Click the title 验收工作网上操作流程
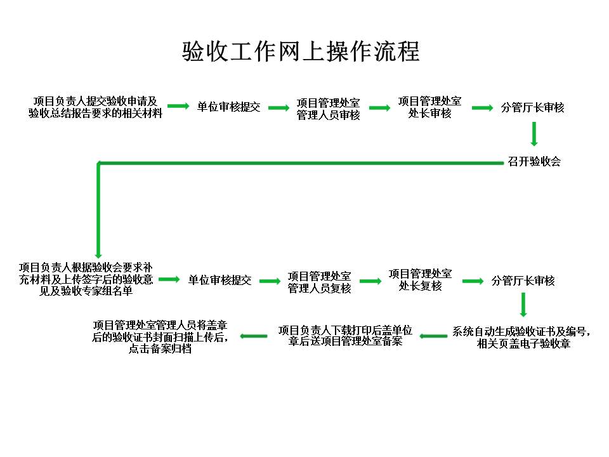[x=301, y=51]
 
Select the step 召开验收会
[x=534, y=161]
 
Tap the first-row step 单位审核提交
[x=228, y=107]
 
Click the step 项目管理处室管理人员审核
[x=328, y=109]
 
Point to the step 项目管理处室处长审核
[x=429, y=107]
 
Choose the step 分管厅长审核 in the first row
[x=532, y=107]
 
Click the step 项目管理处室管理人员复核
[x=319, y=282]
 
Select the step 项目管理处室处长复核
[x=420, y=280]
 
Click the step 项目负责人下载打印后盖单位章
[x=345, y=336]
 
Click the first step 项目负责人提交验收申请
[x=95, y=107]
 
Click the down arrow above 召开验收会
[x=534, y=134]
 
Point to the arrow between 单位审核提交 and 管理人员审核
[x=278, y=108]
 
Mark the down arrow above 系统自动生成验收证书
[x=523, y=305]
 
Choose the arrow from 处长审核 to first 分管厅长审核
[x=482, y=108]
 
